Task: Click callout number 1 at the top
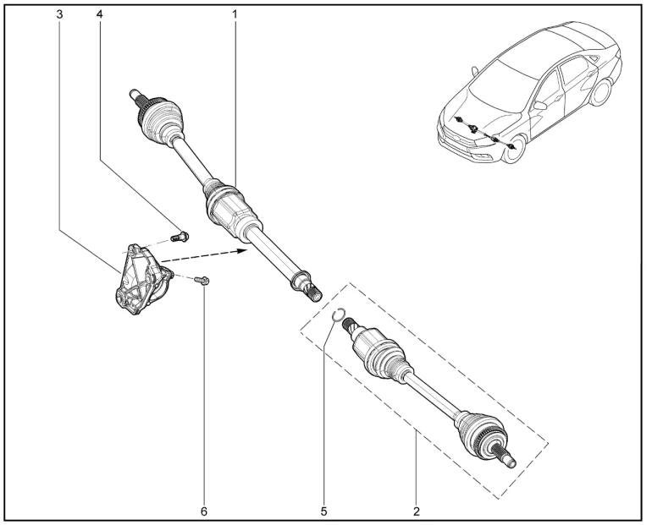coord(235,14)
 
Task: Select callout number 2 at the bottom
coord(417,511)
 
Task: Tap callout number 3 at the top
coord(60,14)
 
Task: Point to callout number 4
coord(99,14)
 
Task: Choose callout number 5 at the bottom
coord(324,511)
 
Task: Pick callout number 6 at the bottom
coord(204,511)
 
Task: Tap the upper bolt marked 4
coord(180,237)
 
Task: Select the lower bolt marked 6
coord(202,281)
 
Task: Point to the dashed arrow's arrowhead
coord(242,250)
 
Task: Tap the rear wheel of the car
coord(600,92)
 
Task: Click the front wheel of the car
coord(516,149)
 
